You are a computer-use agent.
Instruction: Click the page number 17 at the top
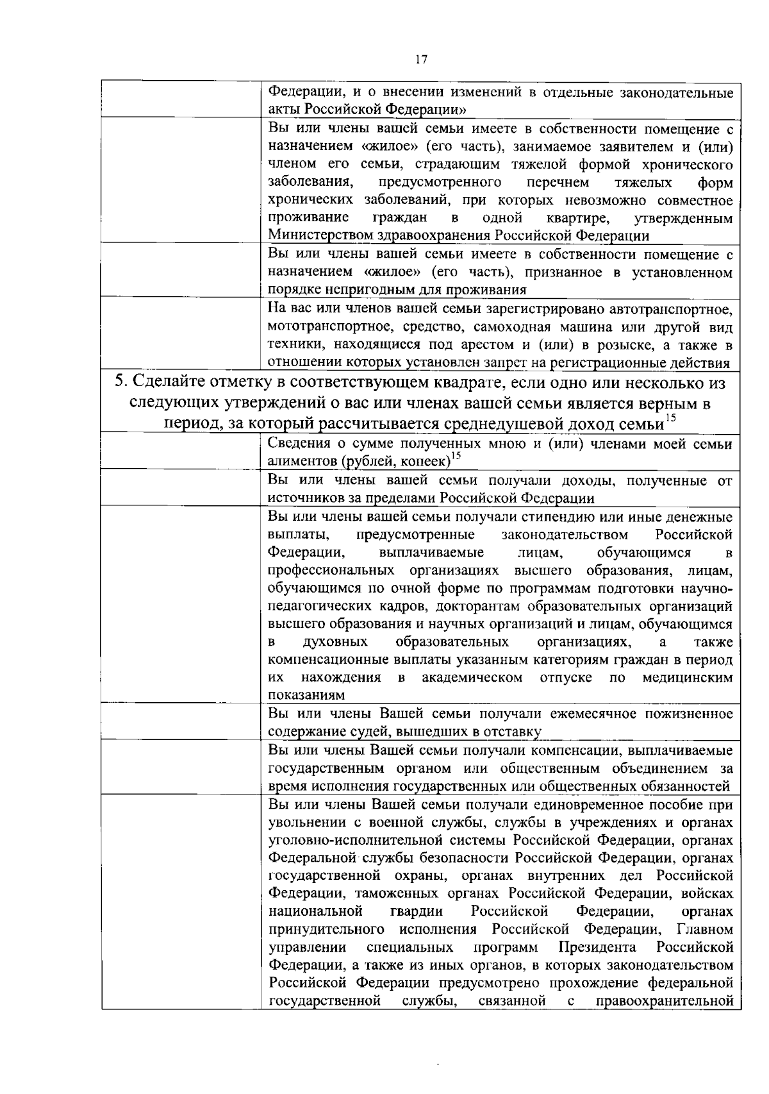[x=421, y=60]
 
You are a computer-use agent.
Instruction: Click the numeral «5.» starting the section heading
[x=121, y=383]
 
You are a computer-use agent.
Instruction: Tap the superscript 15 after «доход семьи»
[x=670, y=418]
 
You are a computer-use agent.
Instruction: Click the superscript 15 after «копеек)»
[x=456, y=456]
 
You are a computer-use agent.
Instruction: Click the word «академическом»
[x=472, y=678]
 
